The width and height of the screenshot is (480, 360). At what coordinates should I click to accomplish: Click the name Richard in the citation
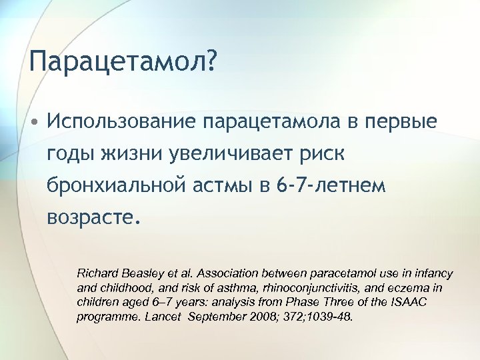99,274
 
